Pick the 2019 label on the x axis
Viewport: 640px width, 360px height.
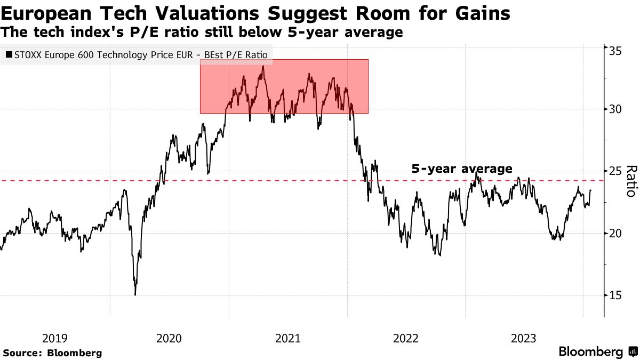click(x=54, y=338)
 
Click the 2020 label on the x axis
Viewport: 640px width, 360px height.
click(x=170, y=338)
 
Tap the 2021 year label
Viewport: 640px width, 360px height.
click(x=288, y=338)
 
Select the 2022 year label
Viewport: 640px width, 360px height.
click(x=406, y=338)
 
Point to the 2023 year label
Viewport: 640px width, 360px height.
click(x=524, y=338)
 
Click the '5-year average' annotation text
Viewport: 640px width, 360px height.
click(x=462, y=169)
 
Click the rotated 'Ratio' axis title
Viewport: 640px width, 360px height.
click(x=631, y=181)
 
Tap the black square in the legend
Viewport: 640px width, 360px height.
click(x=9, y=54)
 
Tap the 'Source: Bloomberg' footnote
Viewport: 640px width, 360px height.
click(x=52, y=353)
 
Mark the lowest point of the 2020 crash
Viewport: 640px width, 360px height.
click(x=135, y=294)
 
